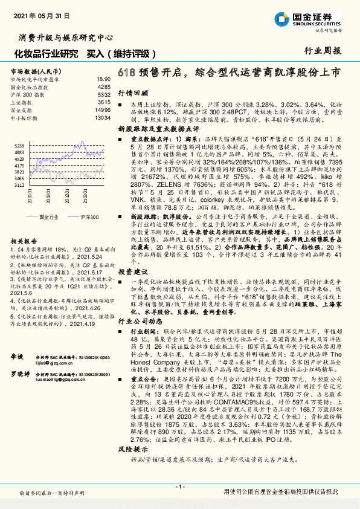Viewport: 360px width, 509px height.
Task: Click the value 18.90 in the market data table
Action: (x=103, y=79)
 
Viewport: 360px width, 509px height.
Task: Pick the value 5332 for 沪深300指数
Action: (x=104, y=95)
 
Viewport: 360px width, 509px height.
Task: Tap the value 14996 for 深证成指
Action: (x=103, y=111)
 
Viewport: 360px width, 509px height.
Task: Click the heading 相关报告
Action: (x=24, y=240)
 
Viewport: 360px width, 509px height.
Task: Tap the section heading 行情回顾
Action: (x=133, y=94)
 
